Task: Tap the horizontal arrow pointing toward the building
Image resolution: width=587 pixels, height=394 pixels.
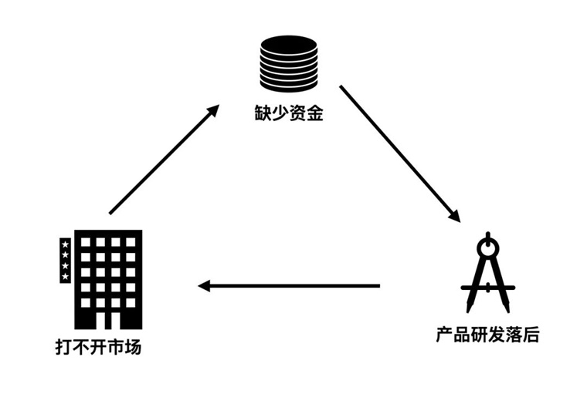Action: [x=289, y=286]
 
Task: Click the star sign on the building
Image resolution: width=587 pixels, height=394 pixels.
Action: [x=65, y=260]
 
